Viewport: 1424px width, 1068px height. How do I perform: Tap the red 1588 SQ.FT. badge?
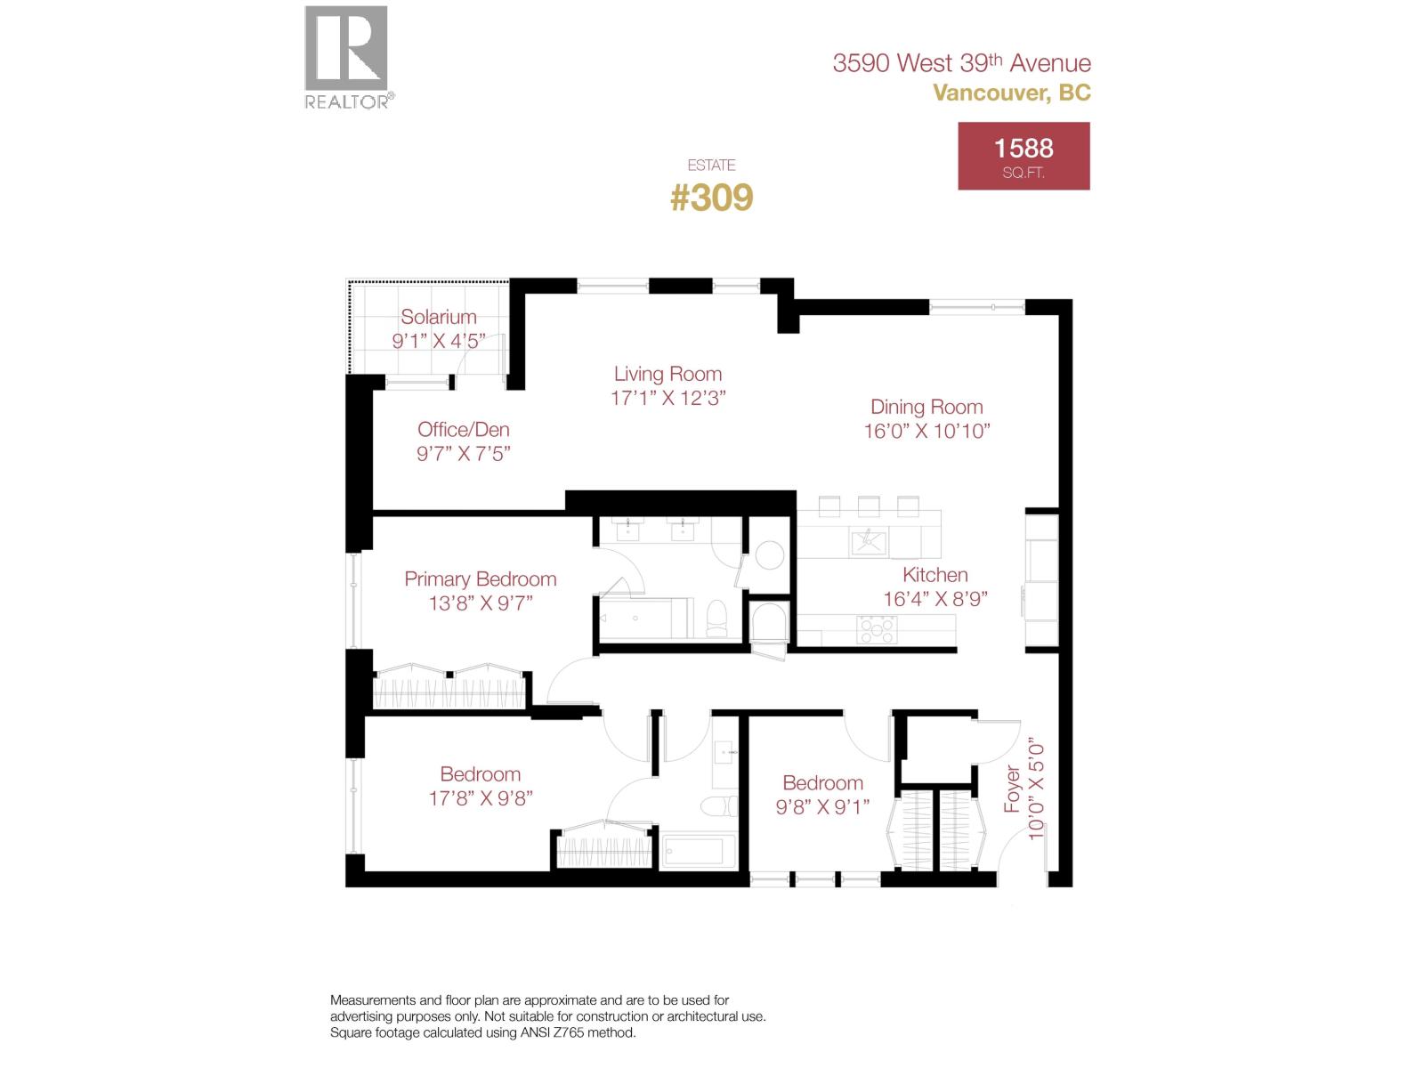(1023, 157)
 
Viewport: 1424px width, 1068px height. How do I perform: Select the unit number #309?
(711, 198)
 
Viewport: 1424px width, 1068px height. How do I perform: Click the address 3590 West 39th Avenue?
(961, 63)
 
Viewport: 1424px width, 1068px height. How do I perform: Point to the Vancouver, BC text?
(1011, 93)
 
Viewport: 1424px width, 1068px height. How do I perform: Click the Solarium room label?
(438, 317)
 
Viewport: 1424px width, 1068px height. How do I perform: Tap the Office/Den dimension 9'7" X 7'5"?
(463, 454)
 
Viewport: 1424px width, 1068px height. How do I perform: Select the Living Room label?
(667, 374)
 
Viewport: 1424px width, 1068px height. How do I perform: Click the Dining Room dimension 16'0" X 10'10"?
(926, 431)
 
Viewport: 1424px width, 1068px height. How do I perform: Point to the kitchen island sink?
(868, 540)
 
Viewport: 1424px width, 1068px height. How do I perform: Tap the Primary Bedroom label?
(480, 579)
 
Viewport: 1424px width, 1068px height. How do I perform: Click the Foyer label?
(1012, 789)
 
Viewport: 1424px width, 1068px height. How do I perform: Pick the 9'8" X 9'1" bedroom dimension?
(822, 807)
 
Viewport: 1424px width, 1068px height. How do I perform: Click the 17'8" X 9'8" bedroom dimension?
(480, 798)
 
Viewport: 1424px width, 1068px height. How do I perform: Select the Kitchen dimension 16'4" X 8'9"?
(934, 599)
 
